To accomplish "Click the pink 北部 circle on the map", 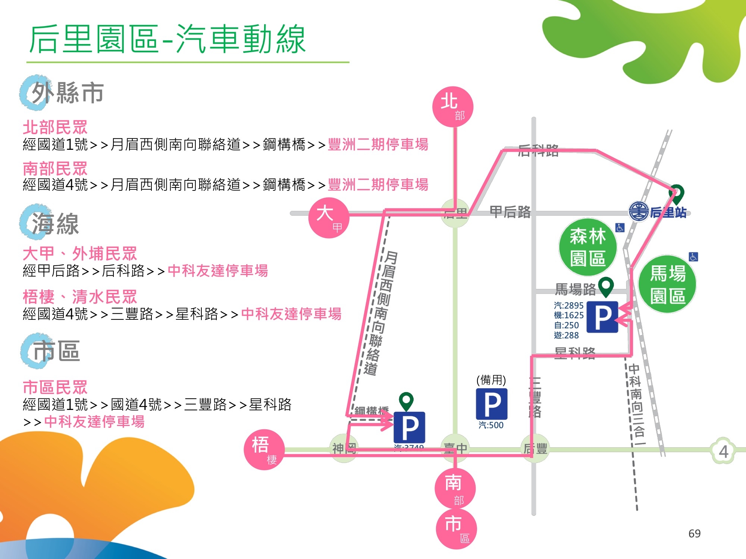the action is point(453,107).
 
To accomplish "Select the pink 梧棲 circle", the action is point(264,449).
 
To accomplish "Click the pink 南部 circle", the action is point(455,488).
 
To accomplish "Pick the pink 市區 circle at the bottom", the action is point(456,529).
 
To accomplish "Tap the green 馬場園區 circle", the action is point(667,284).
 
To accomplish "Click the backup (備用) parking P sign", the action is point(492,404).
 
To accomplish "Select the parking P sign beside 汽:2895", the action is point(602,317).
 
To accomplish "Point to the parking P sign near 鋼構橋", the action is point(409,427).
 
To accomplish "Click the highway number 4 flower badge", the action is point(723,451).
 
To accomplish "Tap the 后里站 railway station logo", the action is point(639,211).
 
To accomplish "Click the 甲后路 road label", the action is point(510,212).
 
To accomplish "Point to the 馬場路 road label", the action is point(575,289).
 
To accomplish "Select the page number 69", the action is point(694,533).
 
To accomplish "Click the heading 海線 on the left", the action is point(55,224).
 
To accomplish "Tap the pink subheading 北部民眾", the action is point(55,127).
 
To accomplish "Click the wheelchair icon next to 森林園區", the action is point(620,228).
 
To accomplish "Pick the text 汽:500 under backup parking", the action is point(491,425).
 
